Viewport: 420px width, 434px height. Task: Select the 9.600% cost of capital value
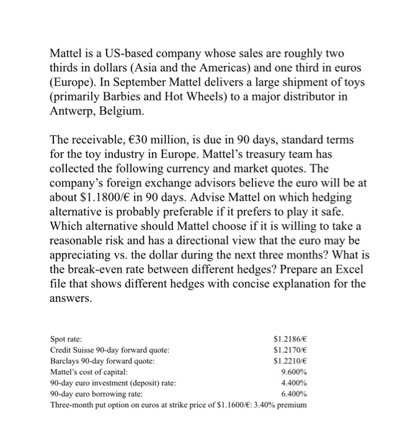[293, 372]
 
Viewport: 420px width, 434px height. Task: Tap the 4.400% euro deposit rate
[293, 383]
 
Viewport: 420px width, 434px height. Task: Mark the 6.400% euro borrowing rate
[293, 394]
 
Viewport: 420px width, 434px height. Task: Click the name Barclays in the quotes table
[65, 361]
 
